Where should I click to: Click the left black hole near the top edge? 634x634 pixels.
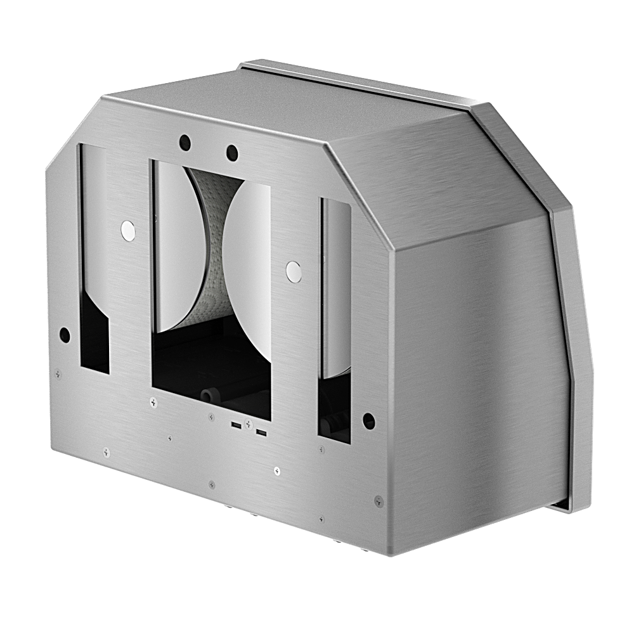coord(184,141)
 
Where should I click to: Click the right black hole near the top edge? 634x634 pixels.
coord(232,153)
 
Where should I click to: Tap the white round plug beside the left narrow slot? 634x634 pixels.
coord(128,231)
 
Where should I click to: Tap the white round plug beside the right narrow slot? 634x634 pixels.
coord(294,271)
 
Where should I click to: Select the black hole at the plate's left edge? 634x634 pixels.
coord(64,334)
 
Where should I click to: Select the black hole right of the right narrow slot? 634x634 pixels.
coord(369,420)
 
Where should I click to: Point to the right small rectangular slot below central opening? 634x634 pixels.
coord(261,433)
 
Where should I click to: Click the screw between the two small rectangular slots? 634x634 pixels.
coord(249,423)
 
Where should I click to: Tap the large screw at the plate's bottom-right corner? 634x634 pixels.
coord(378,500)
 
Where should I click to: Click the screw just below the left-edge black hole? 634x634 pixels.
coord(58,374)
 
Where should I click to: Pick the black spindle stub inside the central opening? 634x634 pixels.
coord(207,395)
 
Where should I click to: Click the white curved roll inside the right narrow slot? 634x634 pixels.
coord(337,285)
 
